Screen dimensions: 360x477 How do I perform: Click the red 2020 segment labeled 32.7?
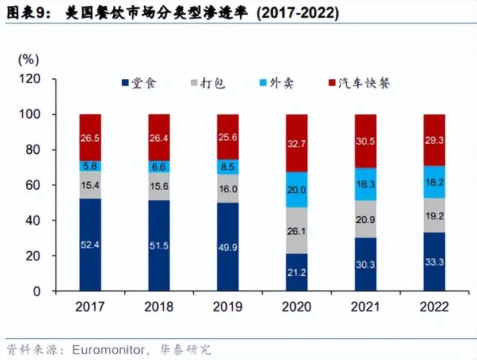[297, 143]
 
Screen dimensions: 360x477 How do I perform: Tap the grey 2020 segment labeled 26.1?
[297, 231]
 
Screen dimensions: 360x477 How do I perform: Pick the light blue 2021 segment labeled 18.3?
[366, 184]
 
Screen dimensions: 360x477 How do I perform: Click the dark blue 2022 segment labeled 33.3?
[434, 261]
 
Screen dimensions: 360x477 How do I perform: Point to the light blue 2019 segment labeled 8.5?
[228, 167]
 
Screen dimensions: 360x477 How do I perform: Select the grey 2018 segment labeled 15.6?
[159, 186]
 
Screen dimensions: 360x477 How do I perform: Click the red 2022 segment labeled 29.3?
[434, 140]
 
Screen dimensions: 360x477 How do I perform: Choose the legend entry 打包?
[206, 83]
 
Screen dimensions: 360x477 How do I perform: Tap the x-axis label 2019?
[228, 307]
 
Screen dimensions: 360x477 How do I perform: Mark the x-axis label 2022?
[434, 307]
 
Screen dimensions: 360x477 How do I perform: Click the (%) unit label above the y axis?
[28, 59]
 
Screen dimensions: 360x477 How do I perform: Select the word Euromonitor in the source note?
[106, 349]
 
